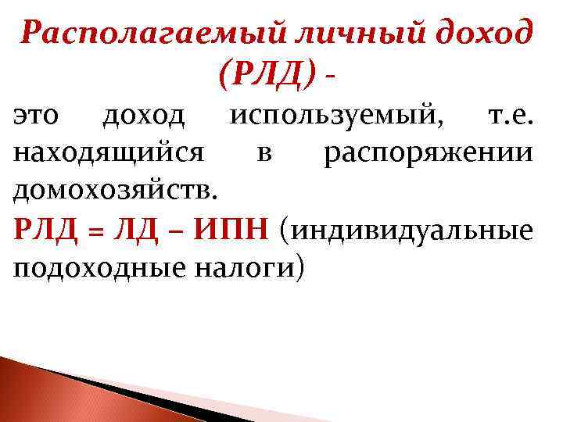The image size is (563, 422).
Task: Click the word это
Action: (37, 116)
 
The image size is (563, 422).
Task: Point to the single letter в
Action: (264, 154)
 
